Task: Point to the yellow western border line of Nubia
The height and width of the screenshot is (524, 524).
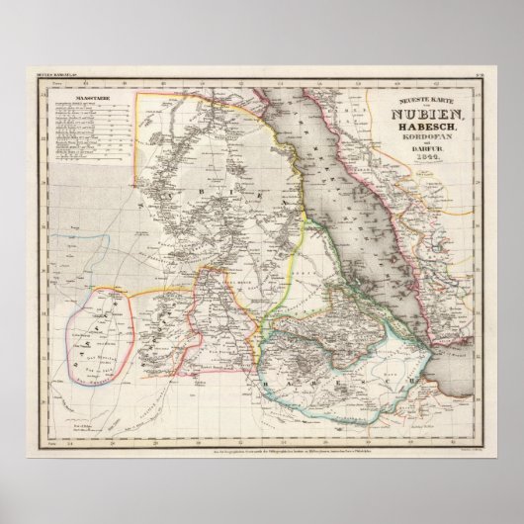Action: coord(138,168)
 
